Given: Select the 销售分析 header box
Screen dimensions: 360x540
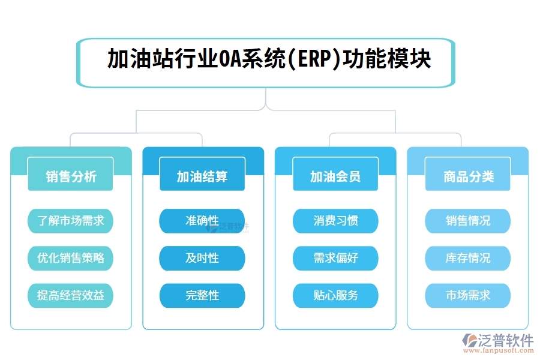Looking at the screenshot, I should tap(71, 176).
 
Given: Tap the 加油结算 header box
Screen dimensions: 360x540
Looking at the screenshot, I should tap(202, 176).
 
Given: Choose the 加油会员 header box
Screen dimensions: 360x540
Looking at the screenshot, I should tap(335, 176).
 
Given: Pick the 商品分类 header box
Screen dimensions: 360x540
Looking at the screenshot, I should tap(468, 176).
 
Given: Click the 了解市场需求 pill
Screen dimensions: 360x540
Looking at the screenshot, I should tap(71, 221).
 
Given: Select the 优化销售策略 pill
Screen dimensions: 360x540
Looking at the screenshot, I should tap(71, 258).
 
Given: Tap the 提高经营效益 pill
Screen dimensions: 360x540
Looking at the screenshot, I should tap(71, 295).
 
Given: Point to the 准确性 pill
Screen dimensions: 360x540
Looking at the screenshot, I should tap(202, 221).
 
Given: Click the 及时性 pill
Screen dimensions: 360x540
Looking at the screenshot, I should tap(202, 258).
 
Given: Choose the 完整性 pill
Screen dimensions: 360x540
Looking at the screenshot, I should tap(202, 295).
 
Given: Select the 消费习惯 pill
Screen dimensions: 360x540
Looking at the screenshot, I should tap(335, 221).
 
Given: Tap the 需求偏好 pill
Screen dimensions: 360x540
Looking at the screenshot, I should tap(335, 258).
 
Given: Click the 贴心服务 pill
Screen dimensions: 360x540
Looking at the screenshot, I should tap(335, 295).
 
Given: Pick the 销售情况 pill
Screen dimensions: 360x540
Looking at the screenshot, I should tap(468, 221).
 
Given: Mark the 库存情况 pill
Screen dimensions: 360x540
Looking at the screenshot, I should tap(468, 258).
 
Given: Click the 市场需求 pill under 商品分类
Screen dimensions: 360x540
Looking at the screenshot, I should tap(468, 295).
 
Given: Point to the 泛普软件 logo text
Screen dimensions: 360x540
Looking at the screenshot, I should tap(505, 340).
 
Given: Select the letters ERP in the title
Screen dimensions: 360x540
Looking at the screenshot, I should tap(313, 61).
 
